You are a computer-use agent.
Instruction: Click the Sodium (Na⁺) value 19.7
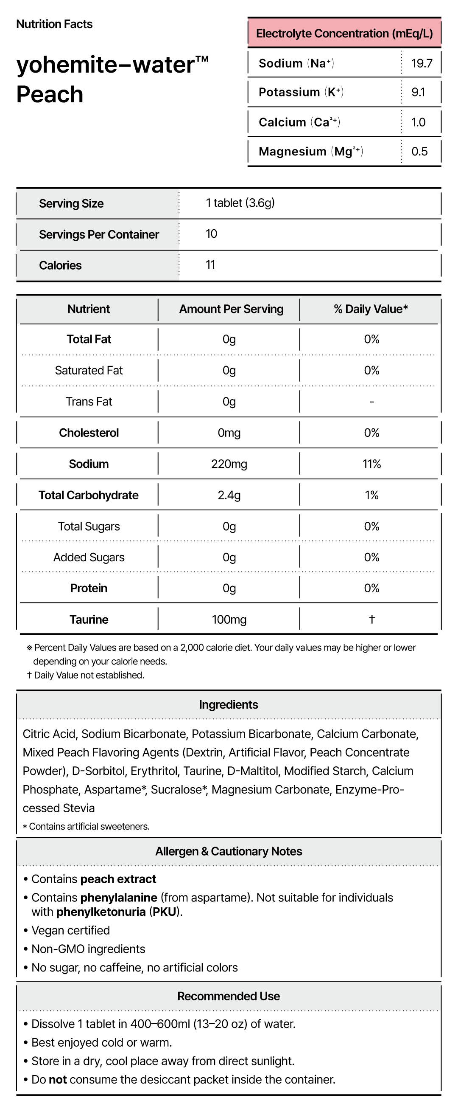coord(422,63)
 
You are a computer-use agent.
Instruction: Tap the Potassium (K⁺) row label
coord(301,93)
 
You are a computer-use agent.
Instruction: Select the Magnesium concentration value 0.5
coord(419,152)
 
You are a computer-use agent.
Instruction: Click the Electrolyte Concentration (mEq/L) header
coord(344,34)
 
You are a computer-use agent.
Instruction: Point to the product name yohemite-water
coord(112,65)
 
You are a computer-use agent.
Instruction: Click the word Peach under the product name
coord(50,95)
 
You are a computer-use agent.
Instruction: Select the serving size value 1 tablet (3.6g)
coord(240,203)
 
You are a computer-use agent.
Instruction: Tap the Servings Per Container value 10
coord(211,234)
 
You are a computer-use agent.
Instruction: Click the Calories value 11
coord(210,265)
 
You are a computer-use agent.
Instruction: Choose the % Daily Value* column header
coord(371,309)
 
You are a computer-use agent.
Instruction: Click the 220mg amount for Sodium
coord(229,464)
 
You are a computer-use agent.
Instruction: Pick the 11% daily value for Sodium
coord(371,464)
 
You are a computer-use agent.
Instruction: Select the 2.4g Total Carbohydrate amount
coord(229,495)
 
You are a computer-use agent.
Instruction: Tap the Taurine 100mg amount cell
coord(229,620)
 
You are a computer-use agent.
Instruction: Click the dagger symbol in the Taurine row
coord(372,619)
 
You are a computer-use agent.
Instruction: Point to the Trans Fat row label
coord(89,402)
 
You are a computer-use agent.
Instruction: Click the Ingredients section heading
coord(229,705)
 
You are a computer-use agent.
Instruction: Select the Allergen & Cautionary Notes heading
coord(229,851)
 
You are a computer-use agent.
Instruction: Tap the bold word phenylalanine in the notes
coord(119,898)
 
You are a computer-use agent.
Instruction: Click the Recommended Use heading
coord(229,997)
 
